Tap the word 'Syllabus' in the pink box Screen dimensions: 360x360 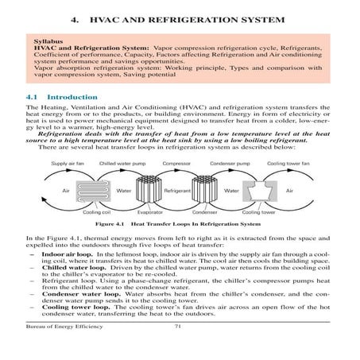[x=47, y=37]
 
